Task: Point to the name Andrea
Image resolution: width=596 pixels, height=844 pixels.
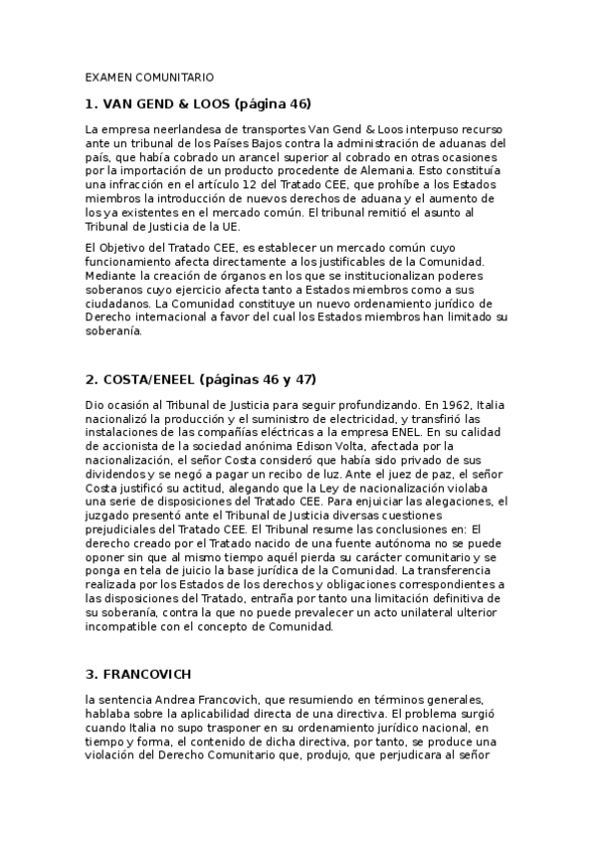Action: pyautogui.click(x=182, y=701)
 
